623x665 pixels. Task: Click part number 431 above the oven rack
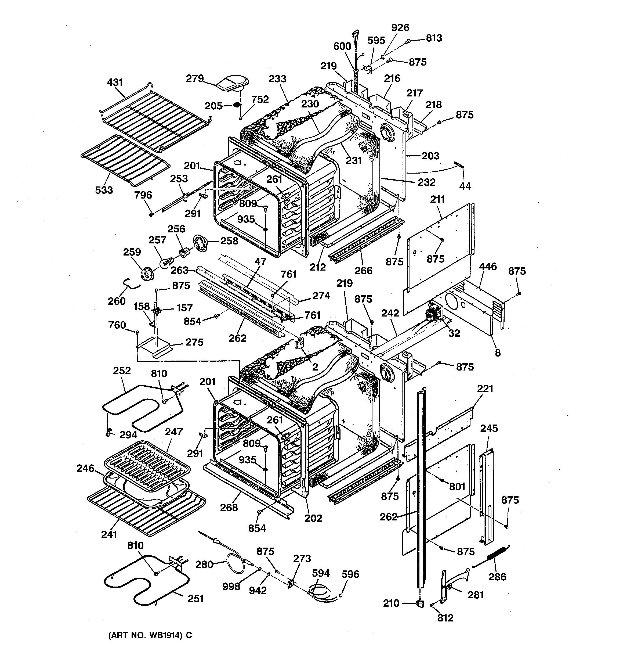click(115, 82)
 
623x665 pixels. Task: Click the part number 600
click(342, 46)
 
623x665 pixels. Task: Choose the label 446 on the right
click(488, 267)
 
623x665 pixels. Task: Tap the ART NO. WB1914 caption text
click(150, 635)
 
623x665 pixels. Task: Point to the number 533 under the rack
click(104, 190)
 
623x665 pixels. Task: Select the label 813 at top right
click(434, 38)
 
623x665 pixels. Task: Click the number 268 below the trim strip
click(229, 508)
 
